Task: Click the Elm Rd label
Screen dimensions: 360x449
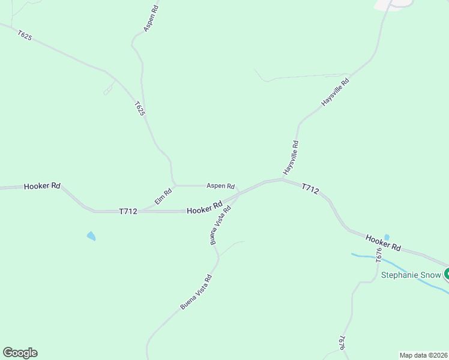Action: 163,196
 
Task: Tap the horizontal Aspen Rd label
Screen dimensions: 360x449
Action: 220,186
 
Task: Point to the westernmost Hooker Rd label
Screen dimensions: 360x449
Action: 42,187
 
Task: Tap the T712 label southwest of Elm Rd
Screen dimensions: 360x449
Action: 128,211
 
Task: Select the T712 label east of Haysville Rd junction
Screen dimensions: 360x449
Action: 310,189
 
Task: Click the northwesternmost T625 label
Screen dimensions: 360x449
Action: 25,36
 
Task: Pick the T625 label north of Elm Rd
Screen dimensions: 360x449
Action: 140,109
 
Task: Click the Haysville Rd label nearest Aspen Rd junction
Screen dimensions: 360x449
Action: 291,157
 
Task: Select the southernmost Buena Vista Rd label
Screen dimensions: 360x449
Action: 196,292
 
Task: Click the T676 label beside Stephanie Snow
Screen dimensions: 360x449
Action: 379,256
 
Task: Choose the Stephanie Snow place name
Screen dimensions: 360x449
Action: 411,276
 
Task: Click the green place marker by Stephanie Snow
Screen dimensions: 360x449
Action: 446,275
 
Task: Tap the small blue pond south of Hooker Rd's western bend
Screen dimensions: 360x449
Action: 91,236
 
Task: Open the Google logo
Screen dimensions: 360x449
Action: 20,353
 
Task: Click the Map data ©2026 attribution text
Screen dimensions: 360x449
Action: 423,355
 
